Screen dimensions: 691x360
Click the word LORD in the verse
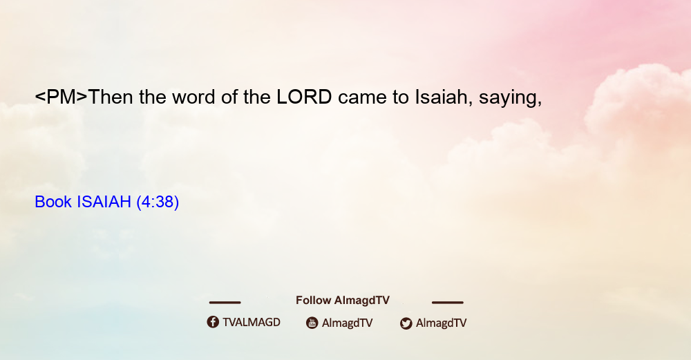tap(304, 97)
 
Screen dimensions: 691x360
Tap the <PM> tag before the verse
tap(61, 97)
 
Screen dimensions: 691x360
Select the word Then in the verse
tap(111, 97)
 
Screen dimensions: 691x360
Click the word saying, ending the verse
tap(511, 99)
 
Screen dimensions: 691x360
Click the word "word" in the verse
tap(193, 97)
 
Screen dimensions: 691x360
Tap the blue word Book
tap(53, 202)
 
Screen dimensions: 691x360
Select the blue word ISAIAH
tap(104, 202)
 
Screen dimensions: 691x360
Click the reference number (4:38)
tap(158, 202)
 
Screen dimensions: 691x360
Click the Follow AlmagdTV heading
tap(343, 301)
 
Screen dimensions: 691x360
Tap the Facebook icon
tap(213, 322)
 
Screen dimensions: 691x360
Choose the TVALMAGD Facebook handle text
tap(252, 323)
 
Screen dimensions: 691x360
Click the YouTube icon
tap(312, 323)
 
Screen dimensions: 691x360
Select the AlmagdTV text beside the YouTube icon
tap(348, 323)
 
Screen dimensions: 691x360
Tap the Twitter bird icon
tap(406, 323)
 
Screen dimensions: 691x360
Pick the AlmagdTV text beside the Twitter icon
tap(441, 323)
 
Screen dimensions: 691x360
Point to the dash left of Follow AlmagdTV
tap(225, 303)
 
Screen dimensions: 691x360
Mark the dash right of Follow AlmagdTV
tap(448, 303)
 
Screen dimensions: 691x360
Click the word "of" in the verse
tap(229, 97)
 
